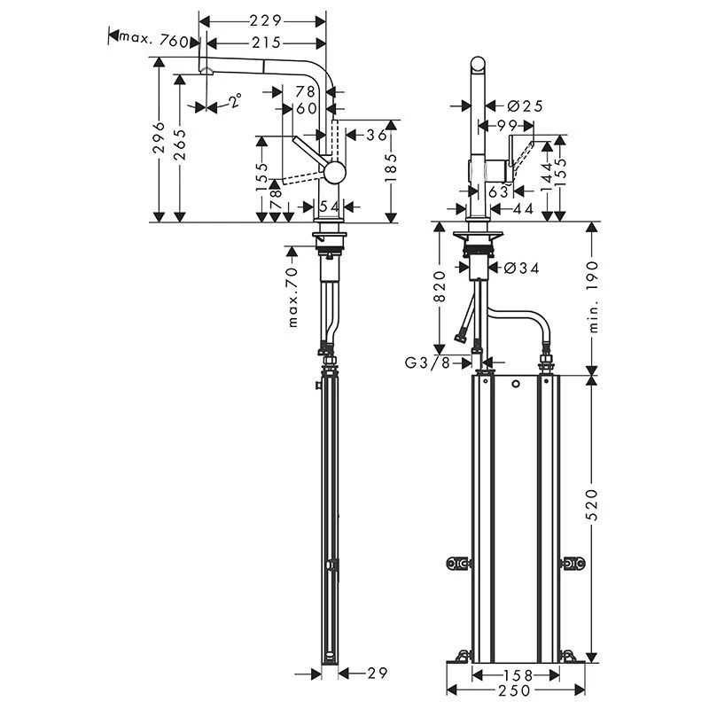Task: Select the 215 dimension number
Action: click(x=264, y=43)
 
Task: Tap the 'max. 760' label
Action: click(x=155, y=41)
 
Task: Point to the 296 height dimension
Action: click(x=159, y=138)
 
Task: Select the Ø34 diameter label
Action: click(x=521, y=266)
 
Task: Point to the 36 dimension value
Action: click(x=376, y=135)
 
